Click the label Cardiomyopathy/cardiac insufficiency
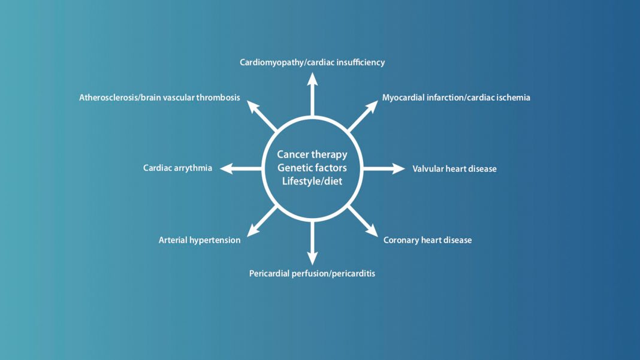[312, 62]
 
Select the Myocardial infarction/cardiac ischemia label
[456, 98]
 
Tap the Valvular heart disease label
[454, 168]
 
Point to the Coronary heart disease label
[427, 240]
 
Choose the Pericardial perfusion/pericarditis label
[312, 274]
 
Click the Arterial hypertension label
[199, 240]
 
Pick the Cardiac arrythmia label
[177, 168]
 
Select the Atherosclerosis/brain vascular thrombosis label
[159, 98]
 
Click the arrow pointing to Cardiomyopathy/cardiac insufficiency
[312, 94]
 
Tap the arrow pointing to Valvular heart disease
[384, 168]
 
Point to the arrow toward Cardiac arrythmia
[241, 168]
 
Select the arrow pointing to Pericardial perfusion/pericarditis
[312, 243]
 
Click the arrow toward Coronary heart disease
[363, 221]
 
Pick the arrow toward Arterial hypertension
[262, 221]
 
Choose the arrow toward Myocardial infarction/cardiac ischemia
[363, 116]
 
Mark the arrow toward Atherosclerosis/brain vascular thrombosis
[262, 116]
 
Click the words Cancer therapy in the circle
[312, 155]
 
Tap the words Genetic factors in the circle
[312, 168]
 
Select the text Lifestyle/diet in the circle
[312, 181]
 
